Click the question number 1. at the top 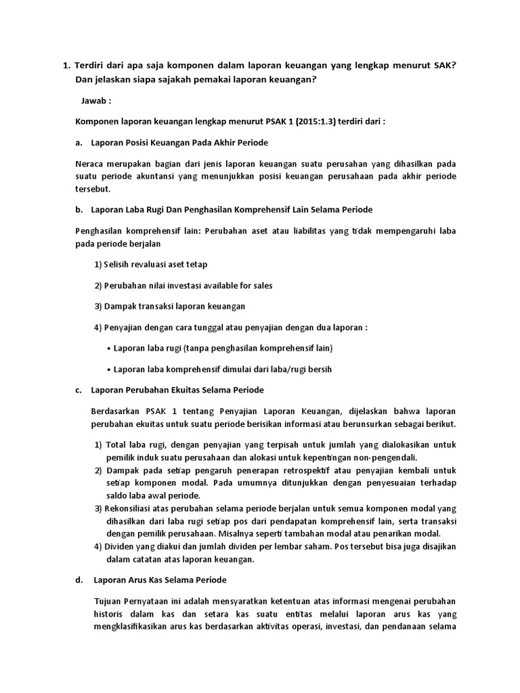(66, 66)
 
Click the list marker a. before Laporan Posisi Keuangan (79, 143)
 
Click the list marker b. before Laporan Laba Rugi (79, 210)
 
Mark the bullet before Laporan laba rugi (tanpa (109, 349)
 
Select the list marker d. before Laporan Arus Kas (79, 581)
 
